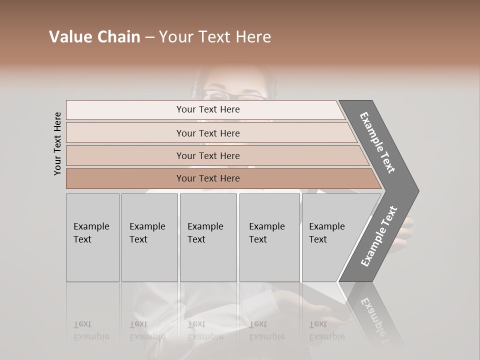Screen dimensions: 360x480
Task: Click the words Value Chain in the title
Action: pos(94,37)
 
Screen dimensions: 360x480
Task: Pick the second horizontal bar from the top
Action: pos(208,133)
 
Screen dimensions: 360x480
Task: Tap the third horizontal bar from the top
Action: pos(208,155)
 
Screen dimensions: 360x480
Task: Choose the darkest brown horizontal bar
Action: pos(208,178)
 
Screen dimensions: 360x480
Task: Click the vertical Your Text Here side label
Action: pos(57,143)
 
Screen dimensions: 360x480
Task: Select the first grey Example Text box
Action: pos(92,237)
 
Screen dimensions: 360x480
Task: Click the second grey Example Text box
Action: pos(149,237)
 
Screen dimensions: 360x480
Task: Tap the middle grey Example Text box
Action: pos(208,237)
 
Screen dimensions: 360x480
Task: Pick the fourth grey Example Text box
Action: pos(269,237)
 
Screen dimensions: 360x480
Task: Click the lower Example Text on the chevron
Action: pos(379,236)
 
